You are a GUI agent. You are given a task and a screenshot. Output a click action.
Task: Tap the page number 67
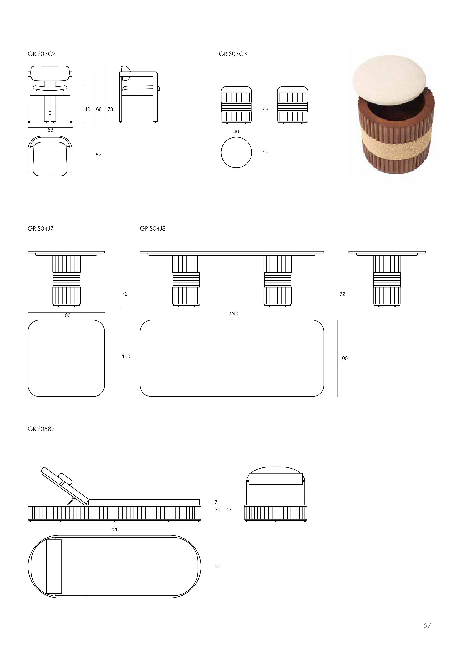pos(427,625)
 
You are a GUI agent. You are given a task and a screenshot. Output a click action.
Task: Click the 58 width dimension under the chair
pos(50,130)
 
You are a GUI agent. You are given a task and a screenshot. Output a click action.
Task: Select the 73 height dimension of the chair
pos(110,109)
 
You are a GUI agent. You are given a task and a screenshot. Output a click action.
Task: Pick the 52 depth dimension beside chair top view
pos(98,155)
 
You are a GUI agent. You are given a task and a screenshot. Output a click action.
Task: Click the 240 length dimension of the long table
pos(234,314)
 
